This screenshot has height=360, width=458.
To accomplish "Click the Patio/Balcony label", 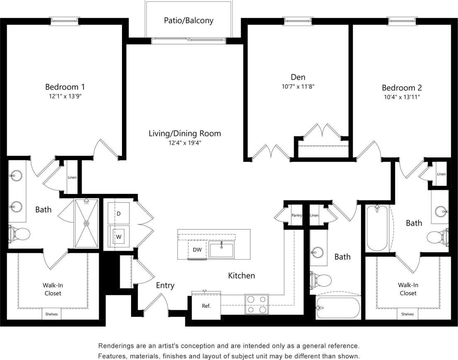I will (189, 20).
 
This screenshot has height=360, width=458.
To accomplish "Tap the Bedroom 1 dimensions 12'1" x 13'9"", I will (65, 96).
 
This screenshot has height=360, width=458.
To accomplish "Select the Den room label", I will (298, 77).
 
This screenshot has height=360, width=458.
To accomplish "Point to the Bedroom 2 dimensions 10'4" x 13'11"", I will (402, 97).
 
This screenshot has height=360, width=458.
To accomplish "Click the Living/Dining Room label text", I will (185, 134).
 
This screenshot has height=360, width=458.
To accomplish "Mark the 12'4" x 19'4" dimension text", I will (185, 143).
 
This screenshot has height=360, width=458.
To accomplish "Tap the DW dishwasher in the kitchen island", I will (197, 250).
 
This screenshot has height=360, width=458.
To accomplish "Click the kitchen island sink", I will (222, 250).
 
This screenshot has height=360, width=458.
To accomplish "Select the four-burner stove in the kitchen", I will (256, 304).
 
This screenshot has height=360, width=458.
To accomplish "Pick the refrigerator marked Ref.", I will (206, 306).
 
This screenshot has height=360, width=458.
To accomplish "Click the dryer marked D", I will (119, 213).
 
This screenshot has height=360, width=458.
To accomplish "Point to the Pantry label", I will (297, 216).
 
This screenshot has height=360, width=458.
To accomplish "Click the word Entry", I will (165, 286).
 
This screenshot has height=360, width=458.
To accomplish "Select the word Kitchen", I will (241, 276).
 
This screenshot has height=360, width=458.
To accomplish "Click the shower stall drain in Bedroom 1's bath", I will (86, 223).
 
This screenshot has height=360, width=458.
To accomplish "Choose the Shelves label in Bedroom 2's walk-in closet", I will (407, 314).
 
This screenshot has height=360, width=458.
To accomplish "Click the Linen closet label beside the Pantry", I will (314, 216).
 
